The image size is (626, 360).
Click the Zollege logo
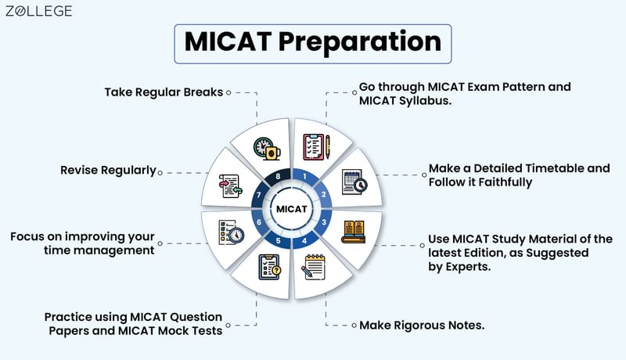(x=38, y=11)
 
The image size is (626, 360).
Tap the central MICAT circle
(x=291, y=208)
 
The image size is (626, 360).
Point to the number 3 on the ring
(x=323, y=223)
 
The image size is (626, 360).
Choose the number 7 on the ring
(x=259, y=193)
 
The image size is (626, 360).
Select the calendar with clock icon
(x=353, y=182)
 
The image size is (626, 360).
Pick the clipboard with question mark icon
(x=268, y=268)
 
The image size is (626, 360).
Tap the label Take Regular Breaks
(x=164, y=92)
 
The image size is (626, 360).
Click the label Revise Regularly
(x=108, y=170)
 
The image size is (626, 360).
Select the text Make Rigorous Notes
(x=422, y=325)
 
